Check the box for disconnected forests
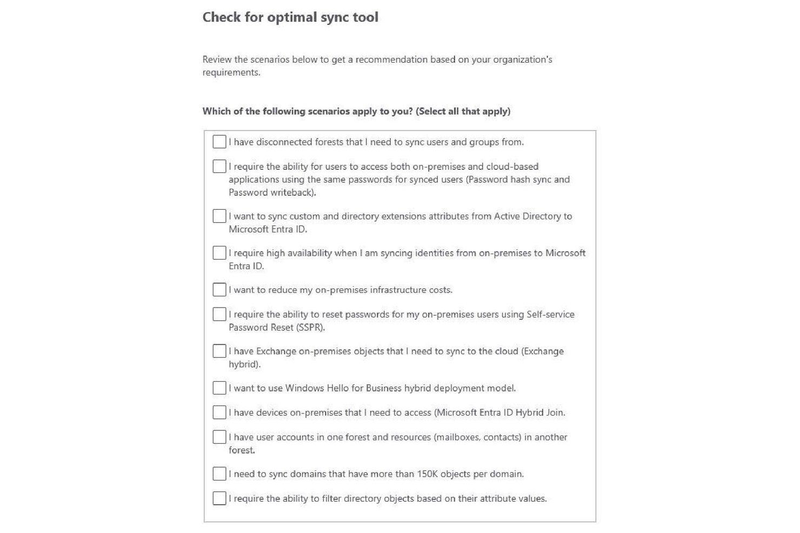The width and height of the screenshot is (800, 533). click(x=219, y=142)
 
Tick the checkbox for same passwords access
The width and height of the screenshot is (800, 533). click(x=219, y=166)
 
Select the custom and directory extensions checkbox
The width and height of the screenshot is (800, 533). click(x=219, y=216)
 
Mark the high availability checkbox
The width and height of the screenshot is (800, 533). click(x=219, y=252)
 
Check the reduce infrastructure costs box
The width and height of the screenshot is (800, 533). click(x=219, y=290)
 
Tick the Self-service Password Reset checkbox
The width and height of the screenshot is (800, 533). click(x=219, y=314)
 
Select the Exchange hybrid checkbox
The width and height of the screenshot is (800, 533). click(x=219, y=351)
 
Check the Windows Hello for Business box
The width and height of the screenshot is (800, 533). click(x=219, y=388)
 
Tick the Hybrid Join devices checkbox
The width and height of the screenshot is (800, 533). click(x=219, y=412)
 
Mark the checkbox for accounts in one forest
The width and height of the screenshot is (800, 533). click(x=219, y=437)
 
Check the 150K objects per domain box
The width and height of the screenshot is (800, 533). click(x=219, y=474)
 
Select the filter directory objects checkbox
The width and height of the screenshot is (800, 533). click(x=219, y=498)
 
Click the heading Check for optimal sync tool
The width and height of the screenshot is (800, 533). click(x=290, y=17)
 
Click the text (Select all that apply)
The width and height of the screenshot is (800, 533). click(x=463, y=111)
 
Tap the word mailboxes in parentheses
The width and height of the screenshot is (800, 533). click(x=457, y=437)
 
